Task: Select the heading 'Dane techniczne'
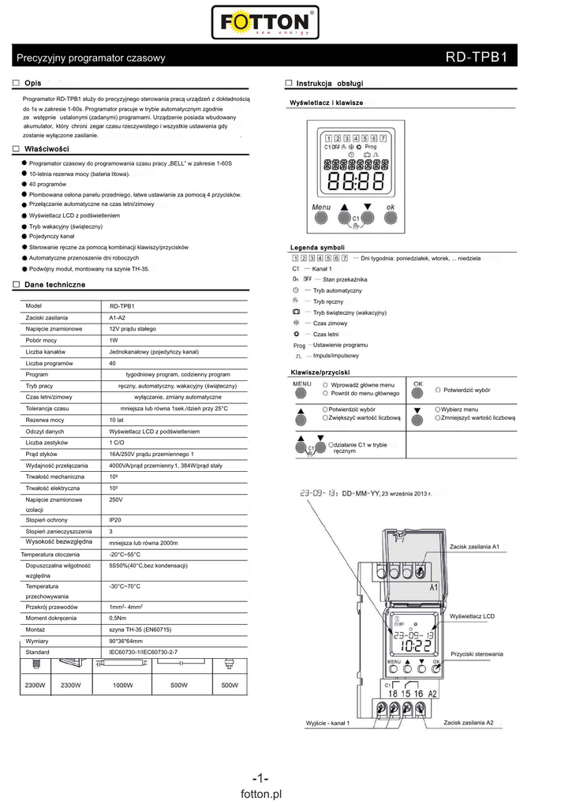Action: pos(54,284)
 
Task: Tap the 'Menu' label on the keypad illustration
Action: pos(321,208)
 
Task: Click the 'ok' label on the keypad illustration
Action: pos(390,208)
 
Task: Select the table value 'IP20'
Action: pos(116,521)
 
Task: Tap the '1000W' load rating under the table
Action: pos(122,685)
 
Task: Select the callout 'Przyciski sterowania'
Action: pos(477,655)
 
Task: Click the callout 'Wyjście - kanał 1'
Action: pos(327,724)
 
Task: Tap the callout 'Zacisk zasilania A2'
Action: pos(469,723)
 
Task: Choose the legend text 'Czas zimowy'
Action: pos(330,324)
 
